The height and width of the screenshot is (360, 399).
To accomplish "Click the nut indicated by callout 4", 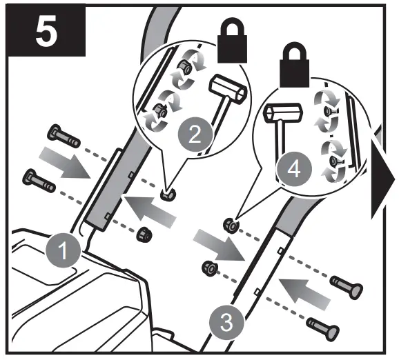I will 229,223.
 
